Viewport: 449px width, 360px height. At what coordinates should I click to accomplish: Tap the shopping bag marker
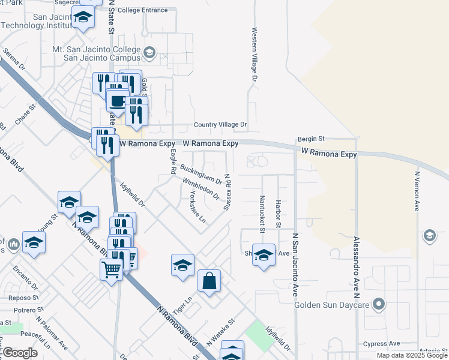point(209,281)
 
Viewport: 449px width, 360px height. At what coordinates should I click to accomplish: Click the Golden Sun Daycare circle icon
point(378,304)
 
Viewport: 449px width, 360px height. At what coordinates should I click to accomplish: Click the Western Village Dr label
point(255,54)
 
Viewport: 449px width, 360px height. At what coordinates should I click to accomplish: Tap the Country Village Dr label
point(220,125)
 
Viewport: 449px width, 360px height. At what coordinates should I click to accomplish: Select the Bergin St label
point(312,139)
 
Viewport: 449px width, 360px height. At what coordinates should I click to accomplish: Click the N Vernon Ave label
point(417,190)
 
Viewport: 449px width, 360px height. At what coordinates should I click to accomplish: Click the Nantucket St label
point(262,213)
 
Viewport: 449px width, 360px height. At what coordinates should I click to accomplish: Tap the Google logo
point(20,353)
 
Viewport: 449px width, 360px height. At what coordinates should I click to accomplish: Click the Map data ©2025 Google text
point(412,355)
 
